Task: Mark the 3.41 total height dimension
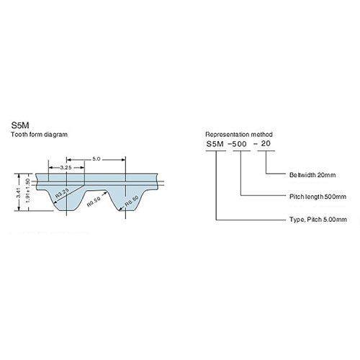(x=17, y=194)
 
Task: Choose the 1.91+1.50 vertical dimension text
(x=26, y=194)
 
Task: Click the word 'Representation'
(x=228, y=135)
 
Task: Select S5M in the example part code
(x=215, y=144)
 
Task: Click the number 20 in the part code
(x=266, y=144)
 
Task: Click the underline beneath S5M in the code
(x=215, y=151)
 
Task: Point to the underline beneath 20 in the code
(x=267, y=151)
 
